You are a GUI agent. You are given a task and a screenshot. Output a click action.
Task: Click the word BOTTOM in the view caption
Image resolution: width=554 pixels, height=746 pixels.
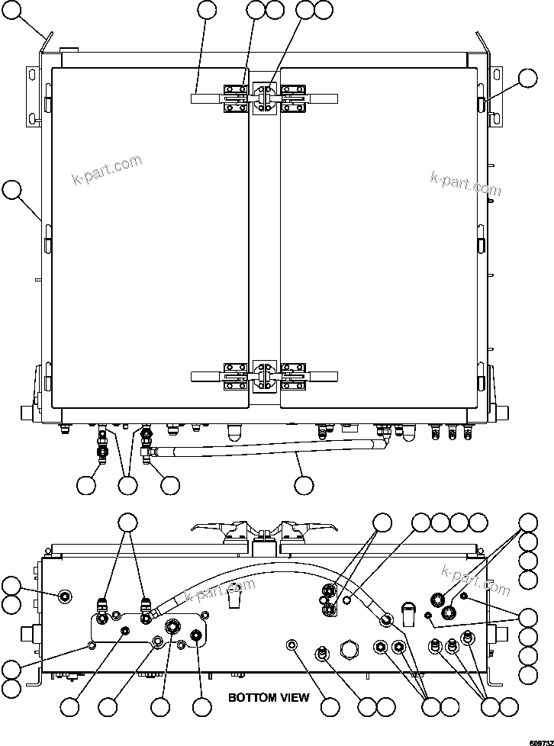coord(253,697)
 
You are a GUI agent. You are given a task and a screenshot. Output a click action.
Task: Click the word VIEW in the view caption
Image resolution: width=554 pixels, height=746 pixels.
coord(295,697)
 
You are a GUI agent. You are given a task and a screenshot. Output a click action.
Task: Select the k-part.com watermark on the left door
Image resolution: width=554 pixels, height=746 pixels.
coord(106,169)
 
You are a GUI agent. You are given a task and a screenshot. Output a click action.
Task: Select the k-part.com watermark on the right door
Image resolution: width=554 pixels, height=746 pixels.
coord(464,180)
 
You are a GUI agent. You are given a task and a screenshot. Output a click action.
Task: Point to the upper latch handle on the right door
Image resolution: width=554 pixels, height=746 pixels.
coord(324,98)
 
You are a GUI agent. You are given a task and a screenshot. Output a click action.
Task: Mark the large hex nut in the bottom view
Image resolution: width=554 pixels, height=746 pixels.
coord(349,650)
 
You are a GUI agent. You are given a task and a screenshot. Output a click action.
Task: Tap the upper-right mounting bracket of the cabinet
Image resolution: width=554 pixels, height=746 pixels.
coord(496,95)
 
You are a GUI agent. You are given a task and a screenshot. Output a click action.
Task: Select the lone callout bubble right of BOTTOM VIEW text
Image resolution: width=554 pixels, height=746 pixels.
coord(330,707)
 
